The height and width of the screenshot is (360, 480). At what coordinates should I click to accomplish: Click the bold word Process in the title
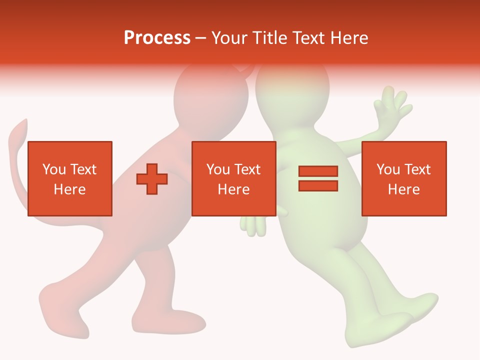click(x=157, y=38)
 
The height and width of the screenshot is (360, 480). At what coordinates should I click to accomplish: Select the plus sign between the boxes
click(x=152, y=179)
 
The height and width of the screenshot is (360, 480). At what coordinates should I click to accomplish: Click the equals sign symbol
click(x=318, y=178)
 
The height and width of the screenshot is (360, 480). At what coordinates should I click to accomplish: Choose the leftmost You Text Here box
click(x=70, y=178)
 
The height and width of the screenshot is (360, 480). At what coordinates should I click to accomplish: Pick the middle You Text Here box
click(x=234, y=178)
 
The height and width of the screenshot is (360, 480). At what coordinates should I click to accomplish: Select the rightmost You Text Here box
click(x=404, y=178)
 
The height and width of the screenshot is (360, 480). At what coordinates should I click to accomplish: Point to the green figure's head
click(x=292, y=90)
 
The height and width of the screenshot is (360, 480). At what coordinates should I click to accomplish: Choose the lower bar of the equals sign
click(x=318, y=185)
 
